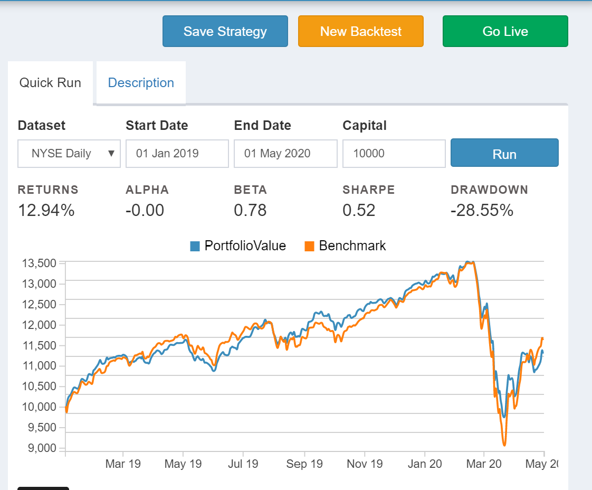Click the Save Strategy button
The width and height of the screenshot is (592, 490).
coord(225,31)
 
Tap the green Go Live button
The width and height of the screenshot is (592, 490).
coord(505,31)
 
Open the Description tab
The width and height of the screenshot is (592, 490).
coord(141,83)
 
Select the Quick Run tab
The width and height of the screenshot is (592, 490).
coord(50,83)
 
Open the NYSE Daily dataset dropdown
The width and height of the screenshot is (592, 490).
coord(69,154)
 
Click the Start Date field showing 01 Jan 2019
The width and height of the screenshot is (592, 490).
coord(177,154)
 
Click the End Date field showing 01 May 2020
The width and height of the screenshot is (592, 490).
coord(285,154)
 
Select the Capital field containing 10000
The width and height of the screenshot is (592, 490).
coord(394,154)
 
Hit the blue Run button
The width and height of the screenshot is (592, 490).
coord(504,154)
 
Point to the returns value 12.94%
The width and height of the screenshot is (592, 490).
coord(46,210)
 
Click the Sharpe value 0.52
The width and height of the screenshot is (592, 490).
coord(359,210)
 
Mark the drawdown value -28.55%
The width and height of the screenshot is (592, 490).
coord(482,210)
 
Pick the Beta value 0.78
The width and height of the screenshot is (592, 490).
coord(250,210)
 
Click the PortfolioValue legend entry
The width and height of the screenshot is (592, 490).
coord(238,246)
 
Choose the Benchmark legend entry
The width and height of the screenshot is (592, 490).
coord(346,246)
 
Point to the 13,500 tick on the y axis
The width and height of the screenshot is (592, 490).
coord(39,263)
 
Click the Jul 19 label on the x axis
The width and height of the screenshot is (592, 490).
coord(243,464)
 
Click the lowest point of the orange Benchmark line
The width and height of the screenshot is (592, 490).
coord(504,445)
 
